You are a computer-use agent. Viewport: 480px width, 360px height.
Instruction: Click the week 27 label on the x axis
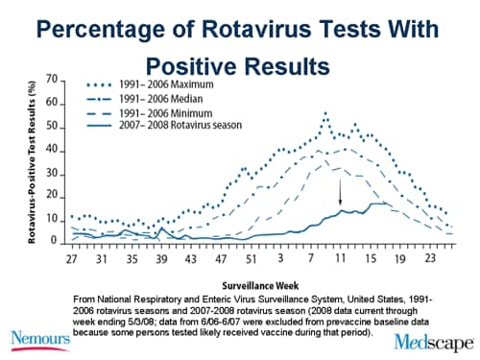(x=73, y=258)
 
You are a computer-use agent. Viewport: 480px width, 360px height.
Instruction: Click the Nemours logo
(x=43, y=340)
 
